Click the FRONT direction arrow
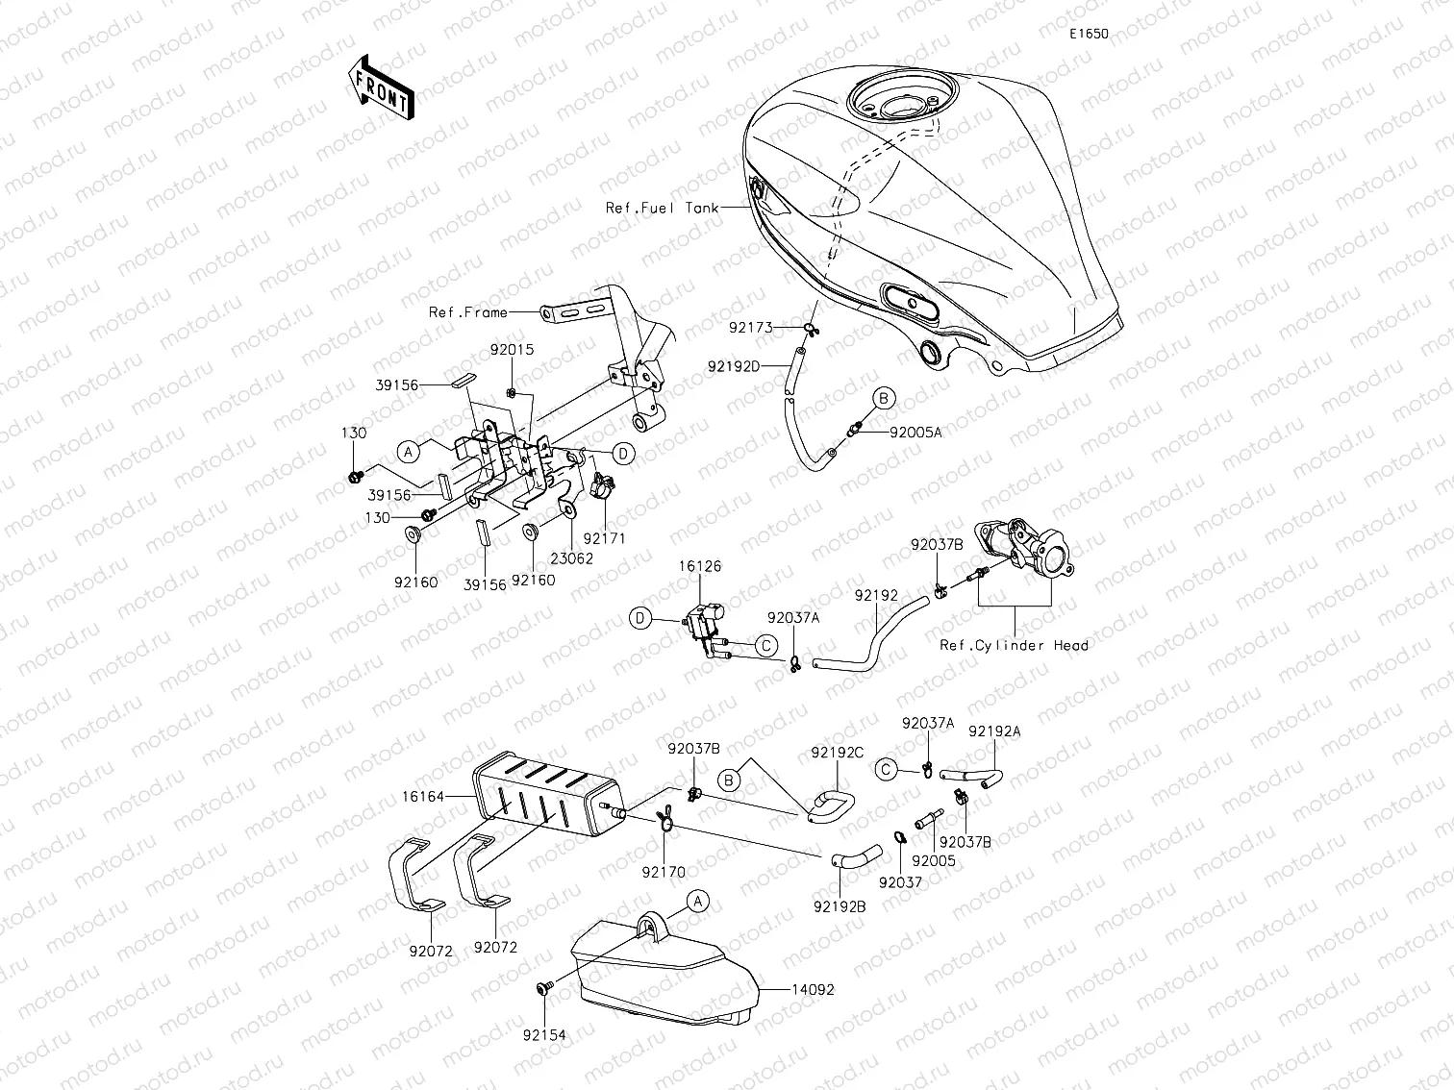click(380, 86)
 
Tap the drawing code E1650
click(1089, 34)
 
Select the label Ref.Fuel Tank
click(662, 208)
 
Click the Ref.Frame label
click(467, 312)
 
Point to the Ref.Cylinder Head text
click(1014, 645)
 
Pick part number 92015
click(511, 351)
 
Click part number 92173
click(750, 328)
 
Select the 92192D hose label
click(734, 366)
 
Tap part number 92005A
click(915, 433)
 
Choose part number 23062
click(572, 558)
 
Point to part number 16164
click(422, 797)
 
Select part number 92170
click(664, 873)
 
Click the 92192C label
click(837, 753)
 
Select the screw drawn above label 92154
click(543, 987)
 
